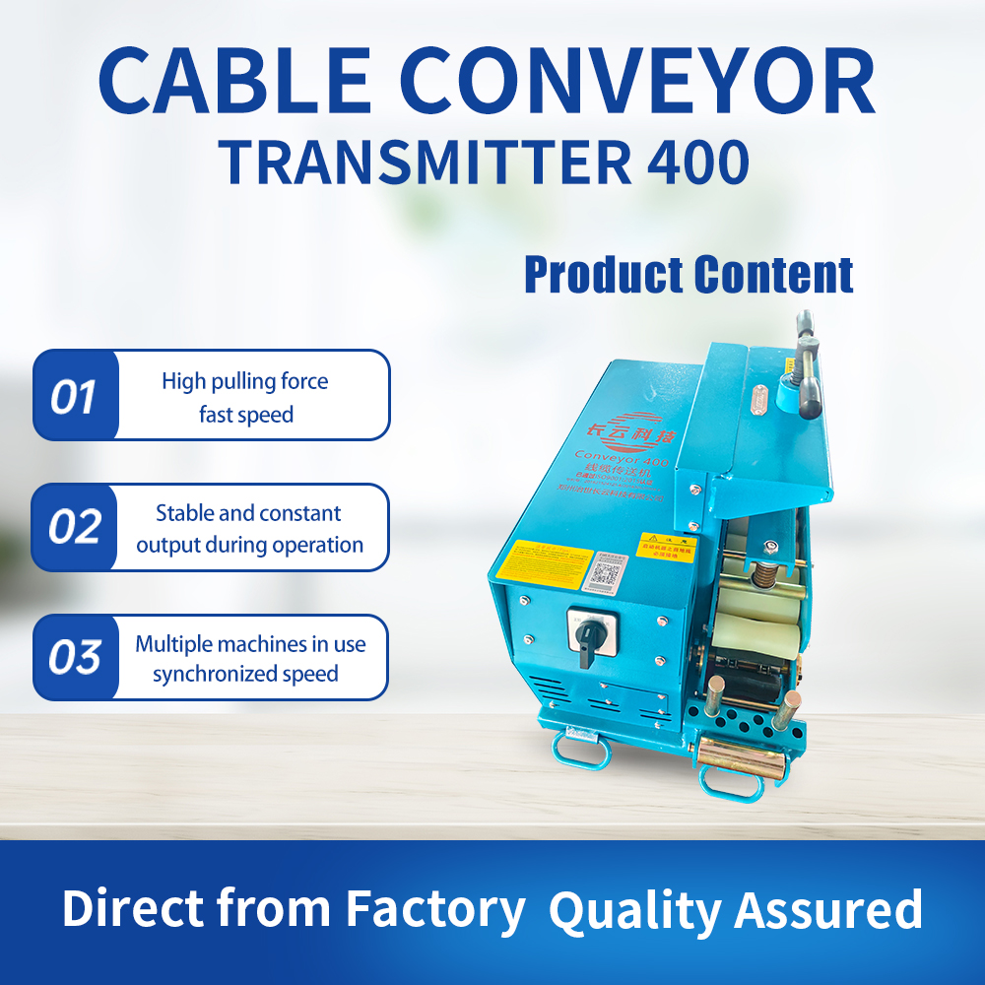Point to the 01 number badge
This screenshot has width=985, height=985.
(x=75, y=396)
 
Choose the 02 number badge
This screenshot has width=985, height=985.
(x=75, y=527)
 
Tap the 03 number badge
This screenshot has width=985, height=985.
(x=75, y=657)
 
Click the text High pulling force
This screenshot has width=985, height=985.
(x=245, y=381)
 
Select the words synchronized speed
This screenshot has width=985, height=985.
(x=245, y=675)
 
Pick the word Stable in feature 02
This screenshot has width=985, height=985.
(x=181, y=513)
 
